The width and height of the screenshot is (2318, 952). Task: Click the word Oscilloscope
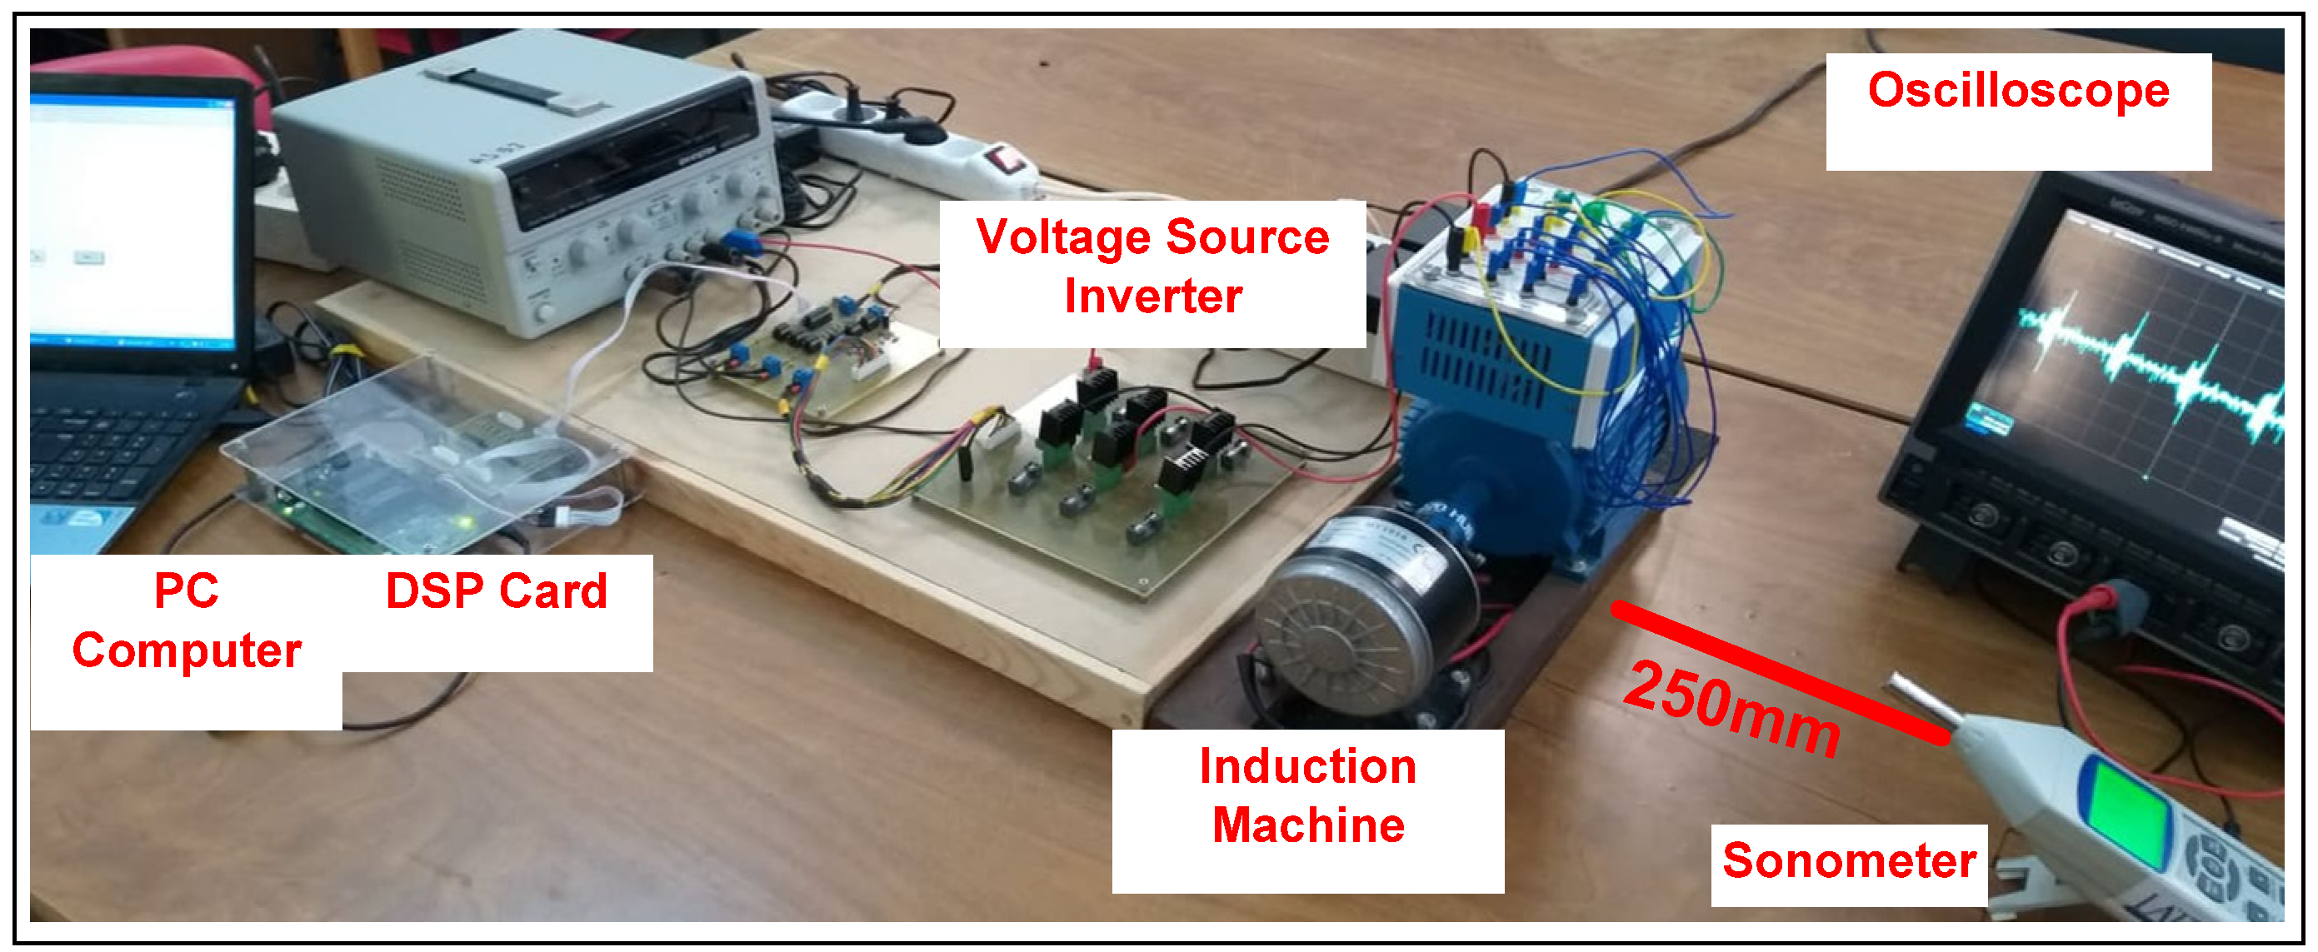(x=2017, y=92)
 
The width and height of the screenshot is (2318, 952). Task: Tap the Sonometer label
(x=1848, y=861)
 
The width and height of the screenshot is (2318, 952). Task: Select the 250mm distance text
(x=1732, y=707)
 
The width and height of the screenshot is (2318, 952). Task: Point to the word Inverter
(x=1152, y=297)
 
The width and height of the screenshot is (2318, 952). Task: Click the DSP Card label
(x=496, y=592)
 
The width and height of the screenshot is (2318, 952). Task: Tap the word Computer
(x=187, y=650)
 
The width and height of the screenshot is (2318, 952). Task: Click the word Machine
(x=1307, y=826)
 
